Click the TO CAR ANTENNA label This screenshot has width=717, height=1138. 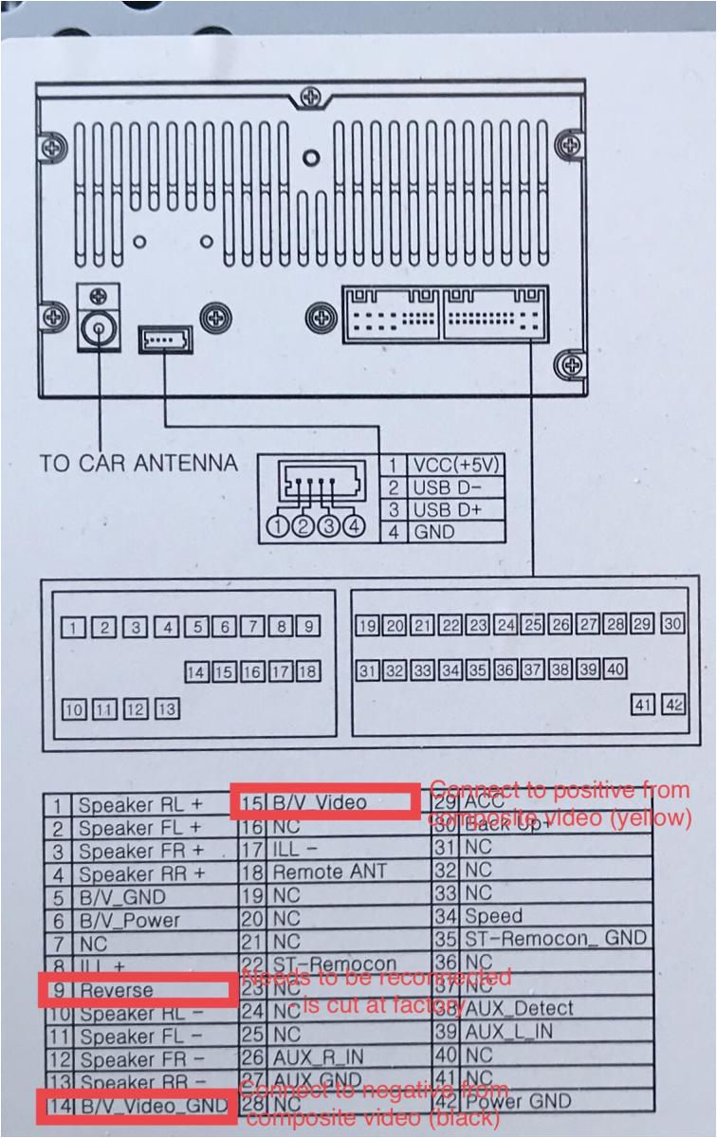click(138, 464)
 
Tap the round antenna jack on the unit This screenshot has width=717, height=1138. click(98, 329)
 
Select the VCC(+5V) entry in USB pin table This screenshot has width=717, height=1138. click(454, 466)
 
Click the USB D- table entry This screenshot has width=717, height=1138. click(447, 487)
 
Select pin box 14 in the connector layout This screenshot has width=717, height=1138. click(196, 671)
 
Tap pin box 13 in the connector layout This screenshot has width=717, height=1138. click(168, 708)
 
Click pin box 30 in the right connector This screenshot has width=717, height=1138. click(672, 624)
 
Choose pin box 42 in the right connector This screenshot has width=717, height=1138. click(674, 706)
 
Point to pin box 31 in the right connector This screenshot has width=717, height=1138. click(367, 670)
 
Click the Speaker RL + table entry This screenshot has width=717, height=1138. click(140, 805)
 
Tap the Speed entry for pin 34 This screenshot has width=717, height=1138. click(493, 915)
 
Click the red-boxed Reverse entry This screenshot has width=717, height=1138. click(138, 991)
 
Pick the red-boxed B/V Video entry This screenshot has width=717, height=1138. click(324, 801)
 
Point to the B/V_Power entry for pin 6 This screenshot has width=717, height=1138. click(129, 919)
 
